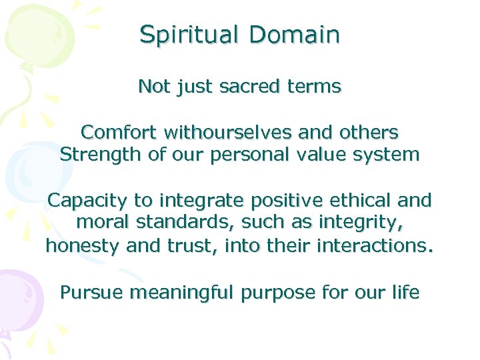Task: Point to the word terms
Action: point(313,87)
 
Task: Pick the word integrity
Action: point(369,223)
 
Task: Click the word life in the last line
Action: point(405,291)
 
